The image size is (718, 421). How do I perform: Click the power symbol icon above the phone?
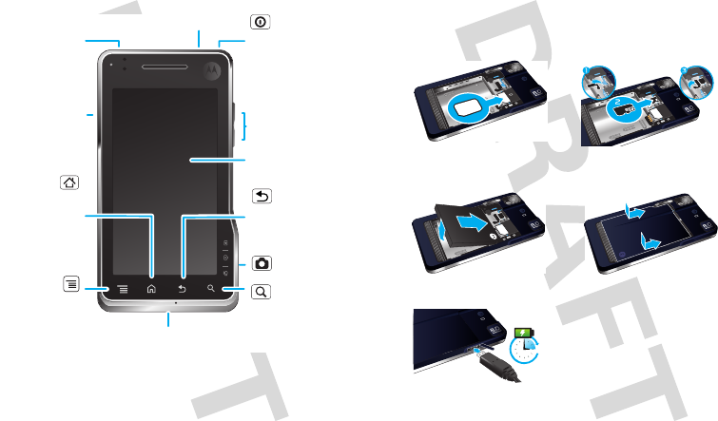point(259,21)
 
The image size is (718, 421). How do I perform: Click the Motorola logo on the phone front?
point(210,67)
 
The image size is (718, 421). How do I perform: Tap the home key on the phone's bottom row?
point(151,287)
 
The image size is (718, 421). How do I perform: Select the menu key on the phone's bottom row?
point(122,287)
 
